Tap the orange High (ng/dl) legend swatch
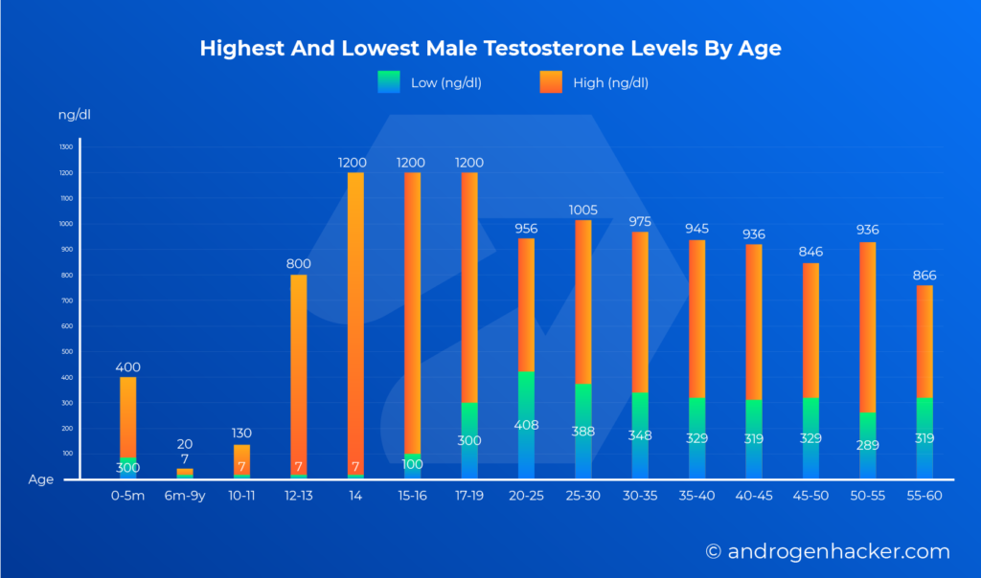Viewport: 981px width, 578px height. pos(552,82)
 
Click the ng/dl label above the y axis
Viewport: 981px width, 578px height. pos(75,115)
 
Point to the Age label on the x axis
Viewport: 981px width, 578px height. pos(41,480)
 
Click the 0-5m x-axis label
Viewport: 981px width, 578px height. pos(127,498)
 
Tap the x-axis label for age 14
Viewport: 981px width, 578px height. pos(354,498)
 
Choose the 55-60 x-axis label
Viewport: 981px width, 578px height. pos(924,498)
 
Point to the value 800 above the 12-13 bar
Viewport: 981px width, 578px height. pos(298,264)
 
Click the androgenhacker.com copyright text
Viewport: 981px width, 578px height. pos(828,552)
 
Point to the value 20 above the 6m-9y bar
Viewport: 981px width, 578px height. pos(184,444)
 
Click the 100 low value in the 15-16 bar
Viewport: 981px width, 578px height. pos(411,465)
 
